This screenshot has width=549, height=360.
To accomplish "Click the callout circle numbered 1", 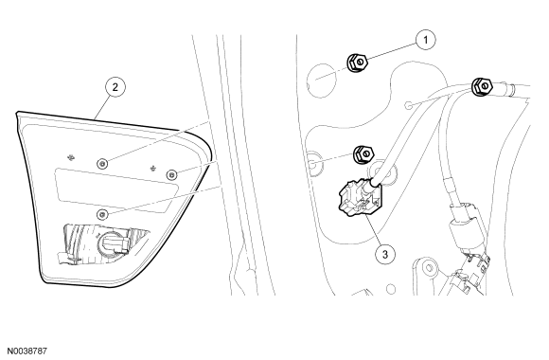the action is click(x=426, y=40).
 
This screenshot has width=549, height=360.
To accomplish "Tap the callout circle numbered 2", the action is click(x=115, y=87).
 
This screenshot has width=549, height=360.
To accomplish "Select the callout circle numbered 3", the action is click(x=385, y=254).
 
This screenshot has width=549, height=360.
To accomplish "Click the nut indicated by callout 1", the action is click(x=357, y=63).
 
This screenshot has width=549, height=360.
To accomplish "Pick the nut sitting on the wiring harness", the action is click(x=482, y=86).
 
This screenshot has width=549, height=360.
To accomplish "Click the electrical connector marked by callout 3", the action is click(x=361, y=197).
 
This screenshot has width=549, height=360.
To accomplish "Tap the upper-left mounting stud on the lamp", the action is click(x=102, y=163).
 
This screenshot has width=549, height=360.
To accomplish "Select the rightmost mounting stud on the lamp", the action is click(x=171, y=174).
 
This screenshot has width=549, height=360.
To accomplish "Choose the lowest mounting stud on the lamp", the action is click(x=102, y=214).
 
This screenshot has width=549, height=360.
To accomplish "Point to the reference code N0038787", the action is click(x=27, y=351).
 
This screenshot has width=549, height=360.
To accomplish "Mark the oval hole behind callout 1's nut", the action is click(x=322, y=81).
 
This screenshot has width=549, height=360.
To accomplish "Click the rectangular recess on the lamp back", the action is click(x=116, y=190).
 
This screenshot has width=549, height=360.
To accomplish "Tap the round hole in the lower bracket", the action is click(x=429, y=268).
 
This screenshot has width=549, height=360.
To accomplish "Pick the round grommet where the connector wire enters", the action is click(x=382, y=172).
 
